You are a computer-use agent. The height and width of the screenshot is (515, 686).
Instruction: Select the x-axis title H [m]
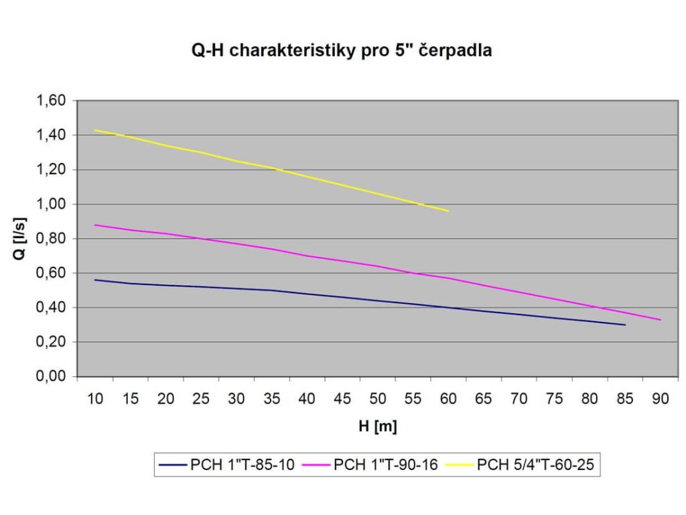tap(376, 426)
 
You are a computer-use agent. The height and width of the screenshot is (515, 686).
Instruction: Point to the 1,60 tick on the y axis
tap(53, 101)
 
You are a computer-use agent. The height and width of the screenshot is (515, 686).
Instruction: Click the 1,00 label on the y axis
tap(53, 205)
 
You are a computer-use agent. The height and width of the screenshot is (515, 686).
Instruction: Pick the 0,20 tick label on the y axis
tap(53, 343)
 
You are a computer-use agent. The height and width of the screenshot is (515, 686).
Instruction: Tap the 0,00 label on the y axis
tap(53, 377)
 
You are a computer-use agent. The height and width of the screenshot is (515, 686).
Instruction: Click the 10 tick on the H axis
tap(95, 400)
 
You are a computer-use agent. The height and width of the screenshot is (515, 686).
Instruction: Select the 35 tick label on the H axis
tap(271, 400)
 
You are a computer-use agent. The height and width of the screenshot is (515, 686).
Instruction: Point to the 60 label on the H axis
tap(448, 400)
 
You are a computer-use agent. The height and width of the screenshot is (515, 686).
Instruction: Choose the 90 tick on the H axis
tap(660, 400)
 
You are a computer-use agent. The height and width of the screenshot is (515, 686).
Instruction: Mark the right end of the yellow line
tap(448, 211)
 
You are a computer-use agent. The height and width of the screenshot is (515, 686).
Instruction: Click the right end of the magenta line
tap(661, 320)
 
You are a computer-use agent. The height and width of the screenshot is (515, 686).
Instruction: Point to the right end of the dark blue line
tap(625, 325)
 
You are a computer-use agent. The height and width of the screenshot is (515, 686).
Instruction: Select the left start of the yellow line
tap(95, 130)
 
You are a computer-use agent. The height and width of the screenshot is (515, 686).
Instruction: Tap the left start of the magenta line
tap(95, 225)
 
